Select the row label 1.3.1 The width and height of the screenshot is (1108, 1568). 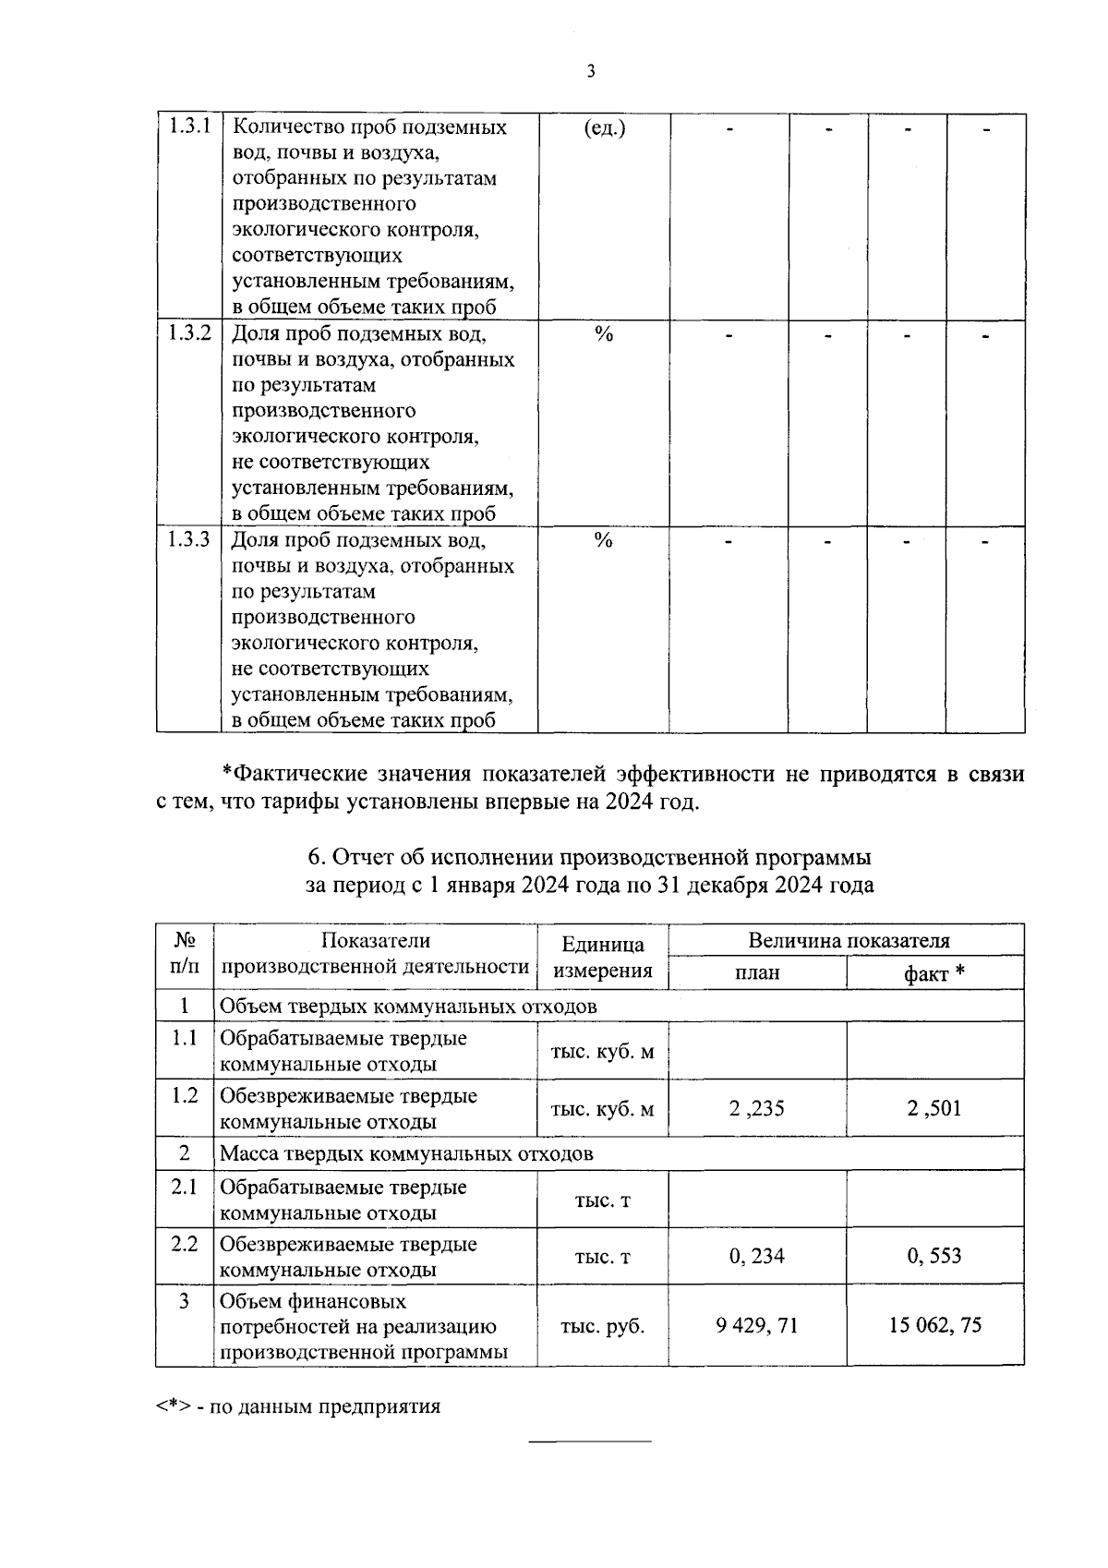coord(190,127)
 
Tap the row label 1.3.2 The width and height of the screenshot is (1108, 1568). coord(190,333)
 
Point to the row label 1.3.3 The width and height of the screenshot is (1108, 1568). coord(190,540)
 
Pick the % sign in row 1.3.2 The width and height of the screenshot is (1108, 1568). coord(604,334)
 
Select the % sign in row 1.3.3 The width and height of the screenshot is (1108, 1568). coord(604,541)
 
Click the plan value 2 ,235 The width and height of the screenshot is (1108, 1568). coord(756,1108)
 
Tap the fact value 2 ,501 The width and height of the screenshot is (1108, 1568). coord(934,1108)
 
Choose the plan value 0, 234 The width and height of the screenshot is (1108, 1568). coord(756,1256)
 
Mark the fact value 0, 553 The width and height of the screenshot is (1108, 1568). coord(934,1256)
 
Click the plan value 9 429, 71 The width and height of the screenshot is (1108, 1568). coord(756,1326)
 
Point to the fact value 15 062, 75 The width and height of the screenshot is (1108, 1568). coord(934,1326)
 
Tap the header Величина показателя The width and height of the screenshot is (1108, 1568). coord(848,941)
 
